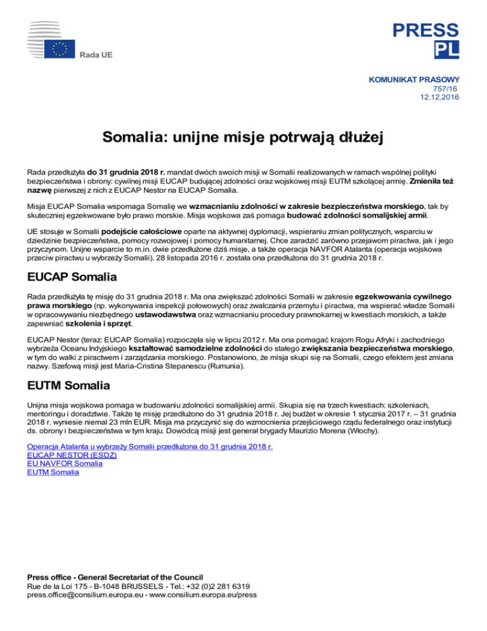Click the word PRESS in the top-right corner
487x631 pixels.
click(x=424, y=29)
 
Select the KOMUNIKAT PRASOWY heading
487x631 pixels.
click(x=413, y=81)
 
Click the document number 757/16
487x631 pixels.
click(x=446, y=90)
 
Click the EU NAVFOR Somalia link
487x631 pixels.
click(x=65, y=463)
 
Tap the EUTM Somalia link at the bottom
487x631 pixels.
click(x=54, y=472)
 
